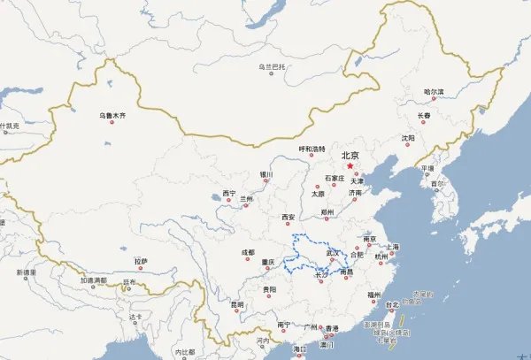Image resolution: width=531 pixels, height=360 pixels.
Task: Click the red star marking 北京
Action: coord(350,165)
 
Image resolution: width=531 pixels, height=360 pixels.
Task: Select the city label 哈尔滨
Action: coord(434,92)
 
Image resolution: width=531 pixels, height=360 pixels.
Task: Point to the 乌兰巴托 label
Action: coord(273,66)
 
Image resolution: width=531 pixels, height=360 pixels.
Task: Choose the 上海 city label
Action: coord(392,247)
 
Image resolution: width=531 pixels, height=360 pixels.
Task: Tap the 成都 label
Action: coord(248,253)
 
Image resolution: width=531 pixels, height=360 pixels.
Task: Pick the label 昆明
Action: coord(237,304)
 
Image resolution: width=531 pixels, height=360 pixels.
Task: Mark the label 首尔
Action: coord(437,184)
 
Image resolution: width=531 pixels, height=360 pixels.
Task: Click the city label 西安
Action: coord(289,217)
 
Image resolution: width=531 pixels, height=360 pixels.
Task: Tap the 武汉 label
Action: coord(334,252)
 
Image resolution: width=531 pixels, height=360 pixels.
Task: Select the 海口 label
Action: coord(300,349)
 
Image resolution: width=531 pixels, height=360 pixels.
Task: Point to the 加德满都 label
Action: coord(93,280)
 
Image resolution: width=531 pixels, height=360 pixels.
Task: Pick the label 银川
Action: coord(266,175)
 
